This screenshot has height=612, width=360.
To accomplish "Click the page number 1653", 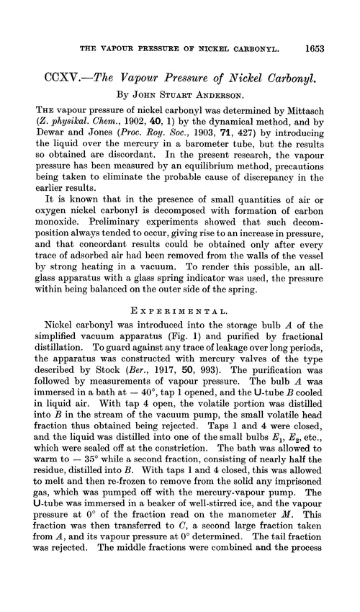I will (318, 29).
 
